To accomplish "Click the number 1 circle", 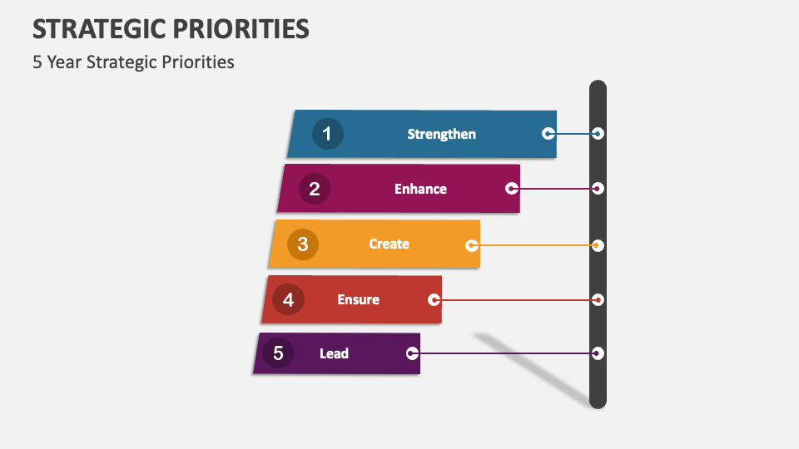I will pyautogui.click(x=327, y=134).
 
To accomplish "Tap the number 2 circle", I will pyautogui.click(x=315, y=189).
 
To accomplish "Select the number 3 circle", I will pyautogui.click(x=303, y=244).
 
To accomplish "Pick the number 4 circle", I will pyautogui.click(x=288, y=299).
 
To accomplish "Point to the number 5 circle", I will pyautogui.click(x=278, y=353).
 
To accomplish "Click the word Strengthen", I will pyautogui.click(x=441, y=134).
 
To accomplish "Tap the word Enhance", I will pyautogui.click(x=420, y=189).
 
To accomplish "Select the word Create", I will pyautogui.click(x=389, y=244).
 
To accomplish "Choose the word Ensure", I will pyautogui.click(x=358, y=299).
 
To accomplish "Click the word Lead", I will pyautogui.click(x=334, y=353).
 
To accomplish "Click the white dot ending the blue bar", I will pyautogui.click(x=548, y=133).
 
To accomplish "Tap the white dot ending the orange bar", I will pyautogui.click(x=472, y=245).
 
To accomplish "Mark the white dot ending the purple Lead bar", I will pyautogui.click(x=412, y=353).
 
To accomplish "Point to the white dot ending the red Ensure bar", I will pyautogui.click(x=434, y=299).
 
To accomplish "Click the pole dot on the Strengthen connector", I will pyautogui.click(x=598, y=133).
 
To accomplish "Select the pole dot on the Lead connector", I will pyautogui.click(x=598, y=353).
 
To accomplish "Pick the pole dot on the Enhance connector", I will pyautogui.click(x=598, y=189).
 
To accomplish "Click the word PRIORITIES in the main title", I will pyautogui.click(x=241, y=29).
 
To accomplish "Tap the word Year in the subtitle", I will pyautogui.click(x=65, y=62).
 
